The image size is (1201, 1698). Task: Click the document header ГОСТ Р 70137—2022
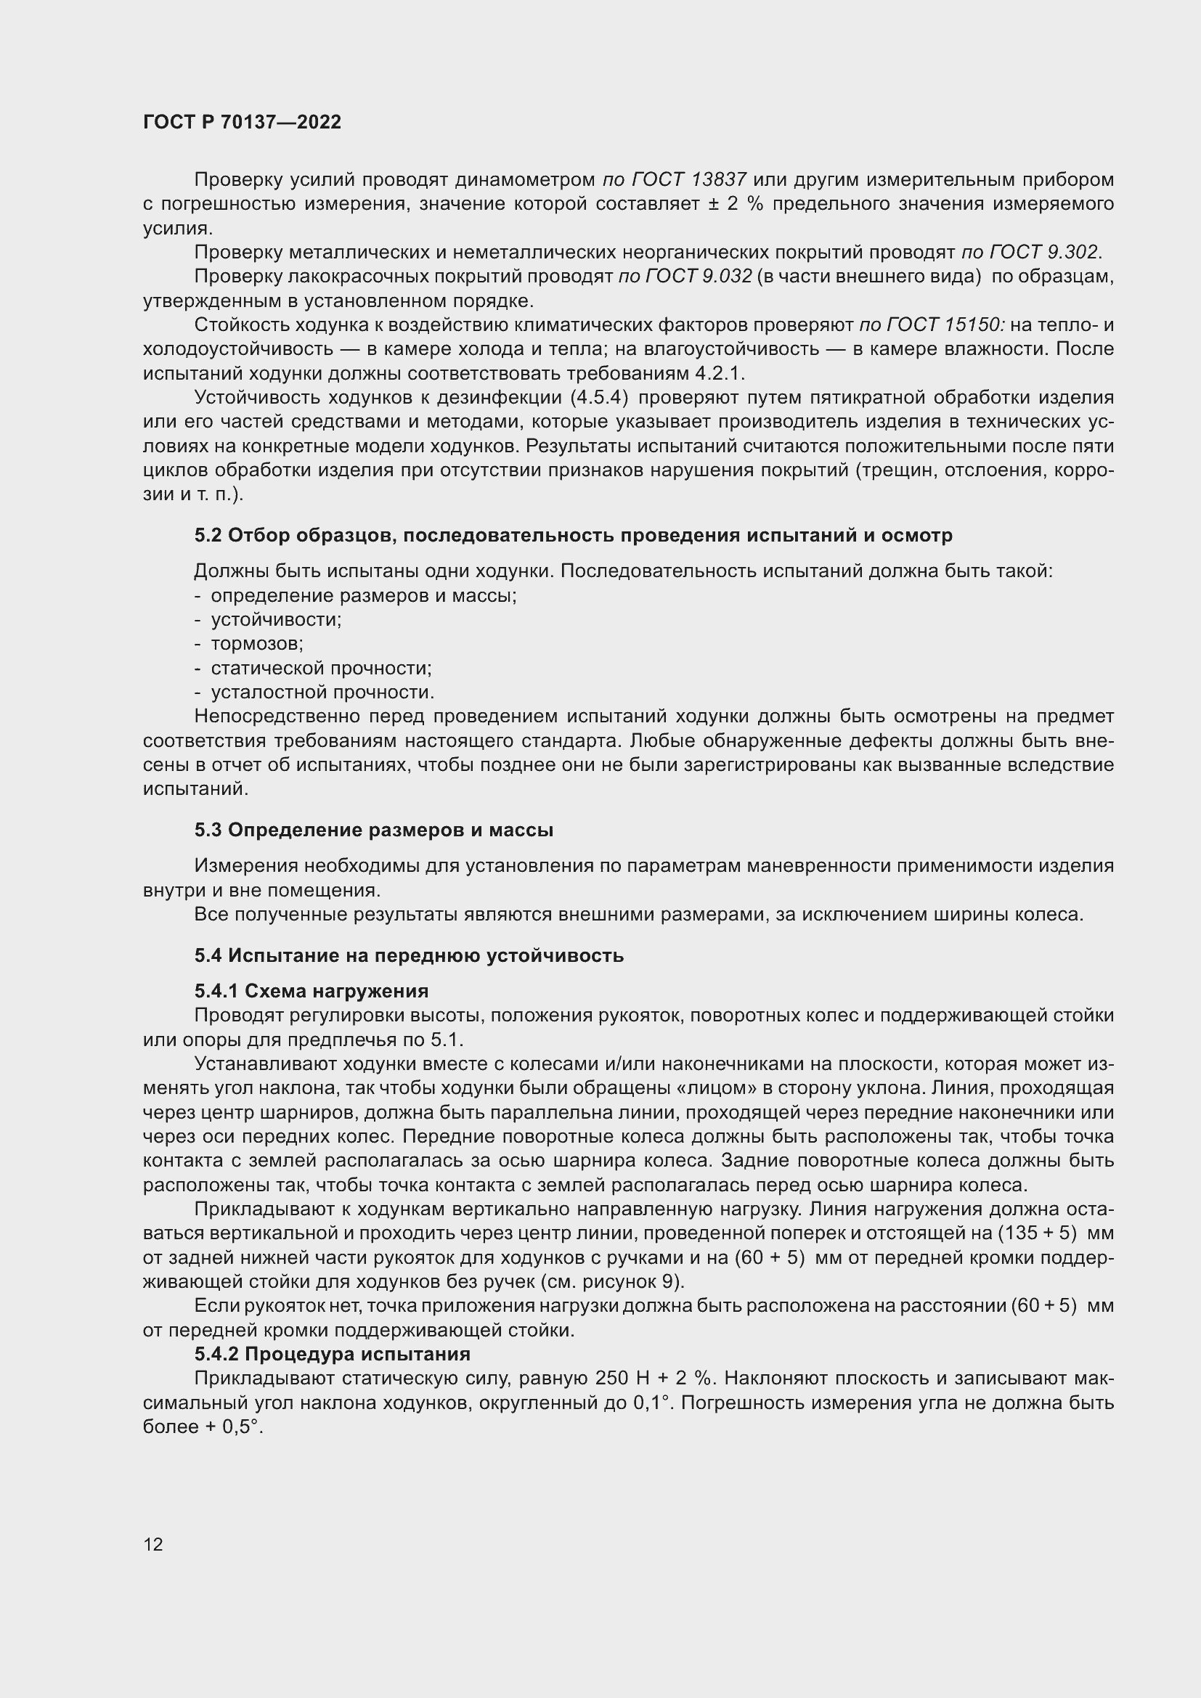tap(242, 123)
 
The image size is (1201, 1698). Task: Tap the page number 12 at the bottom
tap(153, 1544)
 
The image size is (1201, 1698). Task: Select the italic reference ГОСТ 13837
tap(674, 180)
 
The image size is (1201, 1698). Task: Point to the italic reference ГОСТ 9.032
tap(685, 277)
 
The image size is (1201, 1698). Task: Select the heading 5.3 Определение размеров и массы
tap(373, 830)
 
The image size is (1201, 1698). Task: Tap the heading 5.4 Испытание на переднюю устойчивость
tap(409, 955)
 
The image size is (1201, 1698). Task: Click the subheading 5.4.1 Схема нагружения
tap(312, 991)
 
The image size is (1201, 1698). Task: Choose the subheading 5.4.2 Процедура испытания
tap(332, 1354)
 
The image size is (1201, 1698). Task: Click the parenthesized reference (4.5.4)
tap(599, 398)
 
